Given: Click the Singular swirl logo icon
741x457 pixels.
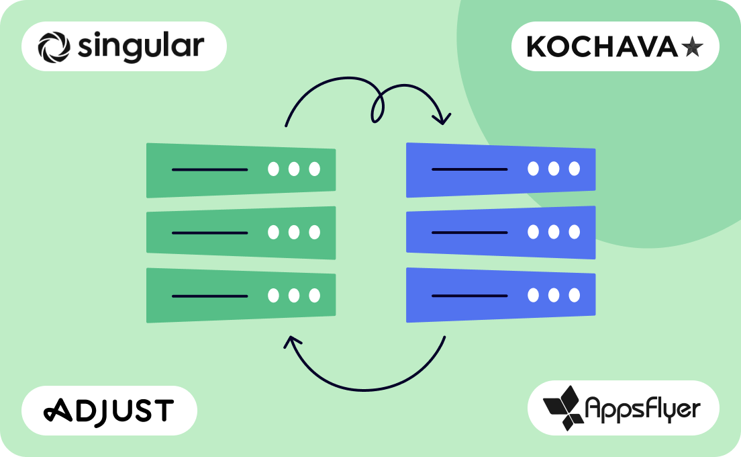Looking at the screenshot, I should [x=54, y=46].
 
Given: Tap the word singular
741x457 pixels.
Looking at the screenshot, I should [x=140, y=46].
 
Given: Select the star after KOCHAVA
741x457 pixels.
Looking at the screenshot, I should [x=691, y=47].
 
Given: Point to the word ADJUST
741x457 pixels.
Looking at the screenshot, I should [x=109, y=409].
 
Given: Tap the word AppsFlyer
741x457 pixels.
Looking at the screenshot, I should [x=642, y=408].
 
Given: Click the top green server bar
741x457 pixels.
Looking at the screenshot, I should [x=241, y=170].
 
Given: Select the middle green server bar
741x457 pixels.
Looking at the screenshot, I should [x=241, y=233].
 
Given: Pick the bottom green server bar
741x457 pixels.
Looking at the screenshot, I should [x=241, y=295].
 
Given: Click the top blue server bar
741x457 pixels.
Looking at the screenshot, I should [x=501, y=170].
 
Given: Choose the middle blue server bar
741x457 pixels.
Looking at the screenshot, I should [x=501, y=233].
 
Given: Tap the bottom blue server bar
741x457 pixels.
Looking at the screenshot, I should [x=501, y=295].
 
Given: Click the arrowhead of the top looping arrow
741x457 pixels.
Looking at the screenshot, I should [x=442, y=119].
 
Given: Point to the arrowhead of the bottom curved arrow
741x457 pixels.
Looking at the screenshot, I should [x=290, y=343].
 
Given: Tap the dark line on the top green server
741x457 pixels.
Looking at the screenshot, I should [x=209, y=169].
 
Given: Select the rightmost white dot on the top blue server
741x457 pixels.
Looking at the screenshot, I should [x=574, y=169].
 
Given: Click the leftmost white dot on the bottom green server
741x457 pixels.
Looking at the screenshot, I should [x=273, y=295].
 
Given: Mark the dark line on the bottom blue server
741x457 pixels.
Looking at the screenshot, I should [x=469, y=295].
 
